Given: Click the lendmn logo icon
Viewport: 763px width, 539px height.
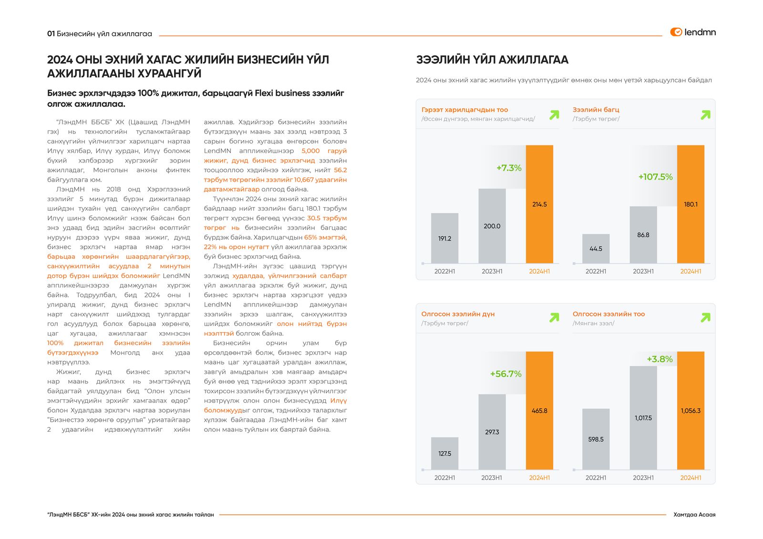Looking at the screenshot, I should [x=676, y=32].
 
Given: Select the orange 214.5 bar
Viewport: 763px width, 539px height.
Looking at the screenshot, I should [x=539, y=204].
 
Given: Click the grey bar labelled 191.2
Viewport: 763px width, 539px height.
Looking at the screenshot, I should [x=444, y=238].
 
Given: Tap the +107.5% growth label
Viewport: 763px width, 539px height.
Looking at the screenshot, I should [x=655, y=177].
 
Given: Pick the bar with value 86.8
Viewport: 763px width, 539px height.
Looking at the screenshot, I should [x=643, y=234].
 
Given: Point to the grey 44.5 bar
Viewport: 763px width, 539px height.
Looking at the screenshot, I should [x=596, y=248].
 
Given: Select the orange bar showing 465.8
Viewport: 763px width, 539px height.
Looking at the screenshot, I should [x=539, y=410].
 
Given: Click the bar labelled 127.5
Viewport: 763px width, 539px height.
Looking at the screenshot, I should [x=444, y=453].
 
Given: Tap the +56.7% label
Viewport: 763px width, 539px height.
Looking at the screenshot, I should [x=505, y=374].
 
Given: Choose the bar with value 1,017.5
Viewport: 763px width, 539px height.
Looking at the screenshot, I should [x=643, y=417].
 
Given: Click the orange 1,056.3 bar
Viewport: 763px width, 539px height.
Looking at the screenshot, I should [x=691, y=410].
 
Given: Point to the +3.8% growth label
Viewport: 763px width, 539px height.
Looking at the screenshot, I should [x=660, y=359].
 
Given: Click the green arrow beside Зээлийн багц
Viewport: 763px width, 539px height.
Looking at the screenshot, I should [x=705, y=115].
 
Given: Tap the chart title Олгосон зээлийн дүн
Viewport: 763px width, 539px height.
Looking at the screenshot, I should [x=458, y=314].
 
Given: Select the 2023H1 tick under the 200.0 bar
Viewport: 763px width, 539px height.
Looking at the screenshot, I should [x=492, y=271].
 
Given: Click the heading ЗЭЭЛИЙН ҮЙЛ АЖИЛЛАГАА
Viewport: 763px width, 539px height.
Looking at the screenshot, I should [x=492, y=60].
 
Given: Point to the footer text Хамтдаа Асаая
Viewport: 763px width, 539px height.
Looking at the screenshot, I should [x=694, y=515].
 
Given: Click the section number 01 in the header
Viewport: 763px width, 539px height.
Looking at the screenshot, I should [x=51, y=34].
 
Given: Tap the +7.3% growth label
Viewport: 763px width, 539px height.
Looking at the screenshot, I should [x=509, y=168].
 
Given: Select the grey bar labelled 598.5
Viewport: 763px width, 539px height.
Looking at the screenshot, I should [x=596, y=439].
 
